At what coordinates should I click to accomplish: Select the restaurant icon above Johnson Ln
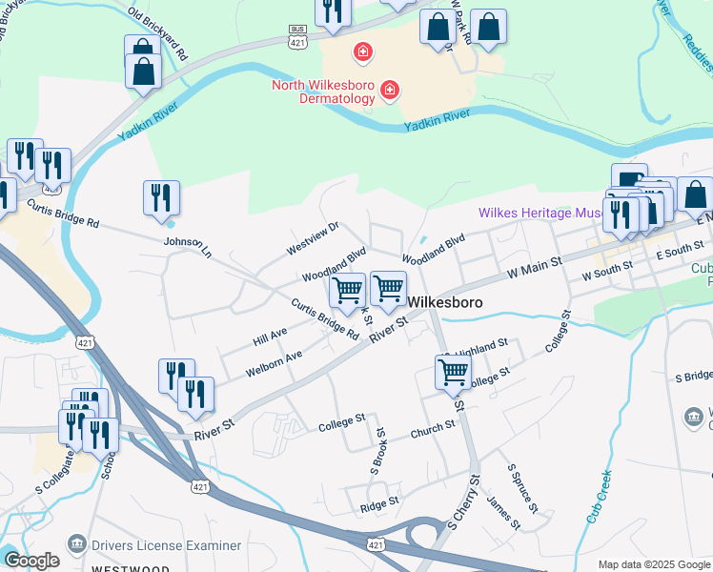click(161, 197)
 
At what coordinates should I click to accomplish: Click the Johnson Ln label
click(187, 244)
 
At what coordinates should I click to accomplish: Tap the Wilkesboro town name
click(445, 302)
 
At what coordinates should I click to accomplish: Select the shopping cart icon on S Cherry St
click(453, 372)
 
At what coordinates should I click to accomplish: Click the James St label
click(503, 511)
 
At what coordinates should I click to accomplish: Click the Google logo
click(31, 561)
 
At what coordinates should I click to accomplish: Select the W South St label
click(607, 273)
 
